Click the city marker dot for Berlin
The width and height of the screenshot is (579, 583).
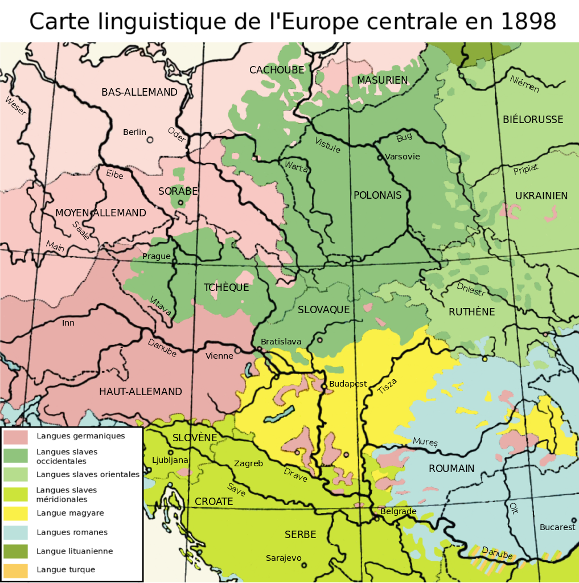(150, 139)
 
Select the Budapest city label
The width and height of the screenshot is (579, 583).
(348, 384)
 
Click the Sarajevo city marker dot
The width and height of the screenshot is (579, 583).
(304, 565)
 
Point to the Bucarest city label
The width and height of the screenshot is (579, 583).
(557, 527)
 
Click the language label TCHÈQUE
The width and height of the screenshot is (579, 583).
(227, 288)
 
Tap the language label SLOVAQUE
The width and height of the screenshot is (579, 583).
(323, 310)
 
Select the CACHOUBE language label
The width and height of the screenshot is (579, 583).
(277, 70)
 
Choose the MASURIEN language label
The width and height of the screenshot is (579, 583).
(383, 80)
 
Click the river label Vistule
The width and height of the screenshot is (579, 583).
(327, 145)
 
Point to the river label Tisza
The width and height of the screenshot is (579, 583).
(387, 387)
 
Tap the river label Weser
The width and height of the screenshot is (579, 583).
(15, 106)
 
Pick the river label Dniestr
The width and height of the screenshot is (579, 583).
(471, 290)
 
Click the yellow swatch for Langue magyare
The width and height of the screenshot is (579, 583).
(15, 514)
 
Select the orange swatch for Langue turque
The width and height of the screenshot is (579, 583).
(15, 570)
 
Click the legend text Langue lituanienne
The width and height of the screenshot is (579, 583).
(75, 551)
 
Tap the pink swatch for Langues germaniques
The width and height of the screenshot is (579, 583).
(15, 437)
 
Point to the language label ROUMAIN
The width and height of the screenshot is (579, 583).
(451, 469)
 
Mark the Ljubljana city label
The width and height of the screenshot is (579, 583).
(170, 460)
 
